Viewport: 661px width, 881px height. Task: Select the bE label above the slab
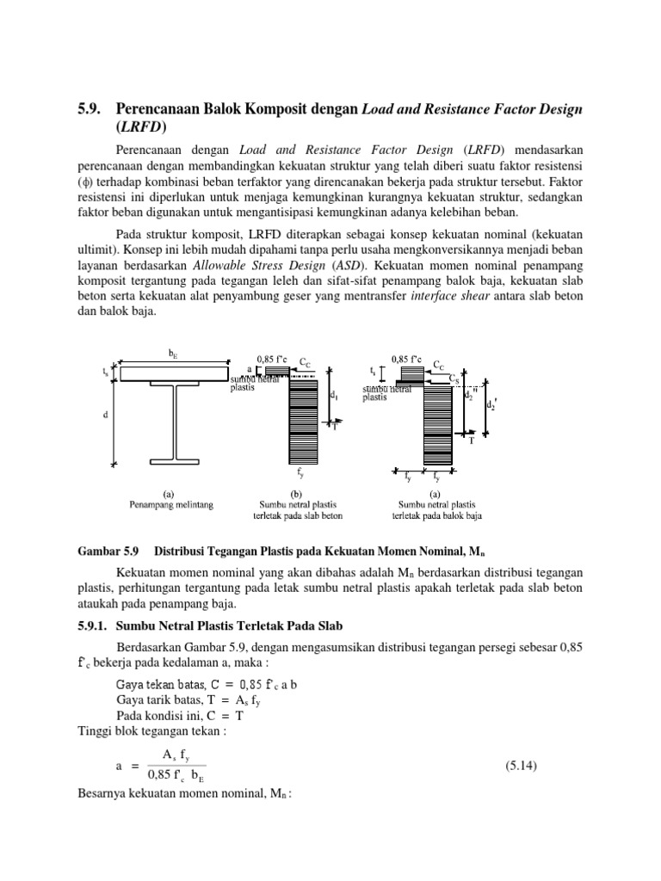[172, 353]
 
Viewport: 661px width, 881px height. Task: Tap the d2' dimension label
[492, 405]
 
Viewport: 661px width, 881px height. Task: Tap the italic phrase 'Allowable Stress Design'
[247, 262]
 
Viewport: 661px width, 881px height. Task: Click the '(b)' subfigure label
[299, 494]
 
